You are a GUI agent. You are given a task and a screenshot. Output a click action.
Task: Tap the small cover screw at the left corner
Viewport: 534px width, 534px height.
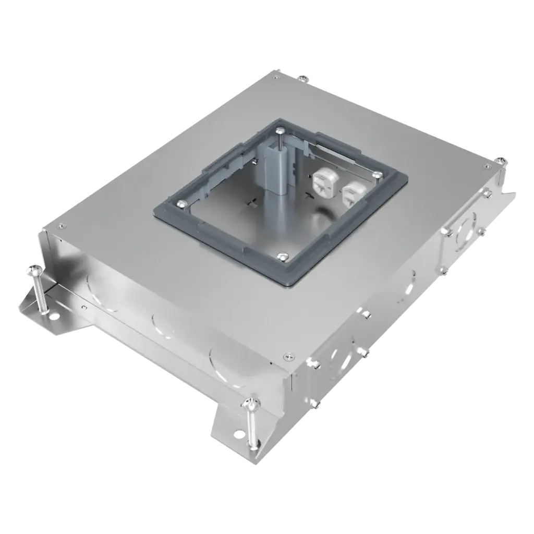click(62, 226)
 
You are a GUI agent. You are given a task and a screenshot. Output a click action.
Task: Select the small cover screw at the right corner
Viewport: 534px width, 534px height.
click(486, 167)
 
